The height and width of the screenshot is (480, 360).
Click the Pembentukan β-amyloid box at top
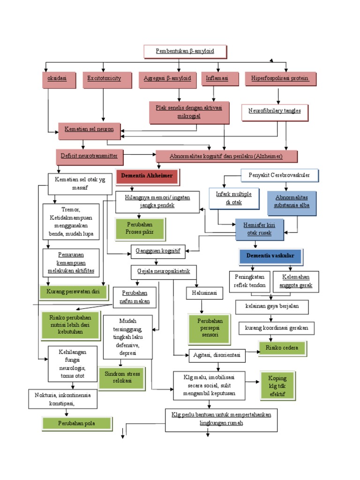point(185,51)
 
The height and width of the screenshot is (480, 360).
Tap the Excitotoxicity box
point(104,79)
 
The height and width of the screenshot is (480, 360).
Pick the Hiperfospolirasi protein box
point(280,79)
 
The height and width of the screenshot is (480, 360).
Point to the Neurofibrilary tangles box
point(275,112)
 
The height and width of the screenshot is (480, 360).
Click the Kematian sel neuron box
point(89,130)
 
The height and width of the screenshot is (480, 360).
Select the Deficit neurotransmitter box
point(89,155)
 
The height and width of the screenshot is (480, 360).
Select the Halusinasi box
point(202,293)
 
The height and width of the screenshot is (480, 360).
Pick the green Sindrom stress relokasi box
point(122,377)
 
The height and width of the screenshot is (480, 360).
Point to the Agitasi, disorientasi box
point(217,356)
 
